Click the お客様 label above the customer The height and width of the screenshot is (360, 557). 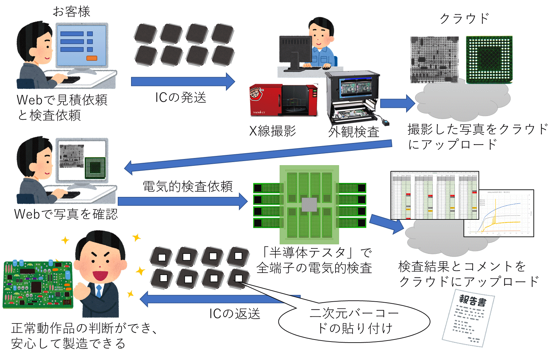(71, 12)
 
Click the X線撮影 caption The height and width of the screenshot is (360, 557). (272, 131)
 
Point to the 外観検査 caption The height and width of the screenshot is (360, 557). (354, 132)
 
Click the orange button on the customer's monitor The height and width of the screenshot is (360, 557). (92, 58)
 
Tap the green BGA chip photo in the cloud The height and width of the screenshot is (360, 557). (489, 60)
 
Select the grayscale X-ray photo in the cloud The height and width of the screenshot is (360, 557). (434, 60)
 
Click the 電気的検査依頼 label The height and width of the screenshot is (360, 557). (187, 187)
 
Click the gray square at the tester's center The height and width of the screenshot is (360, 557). (310, 204)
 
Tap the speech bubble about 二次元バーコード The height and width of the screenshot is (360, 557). (354, 321)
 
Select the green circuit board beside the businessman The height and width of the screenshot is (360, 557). (38, 285)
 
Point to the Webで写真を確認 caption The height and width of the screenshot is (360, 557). (66, 214)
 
